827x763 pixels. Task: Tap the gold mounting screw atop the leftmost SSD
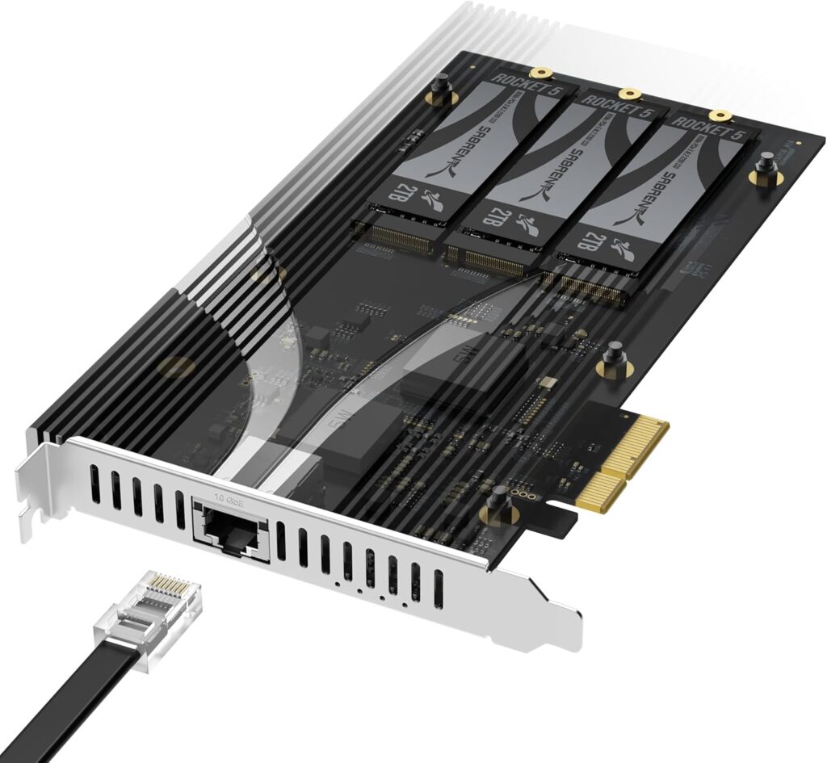point(544,72)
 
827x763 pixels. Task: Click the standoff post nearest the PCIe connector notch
point(497,505)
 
